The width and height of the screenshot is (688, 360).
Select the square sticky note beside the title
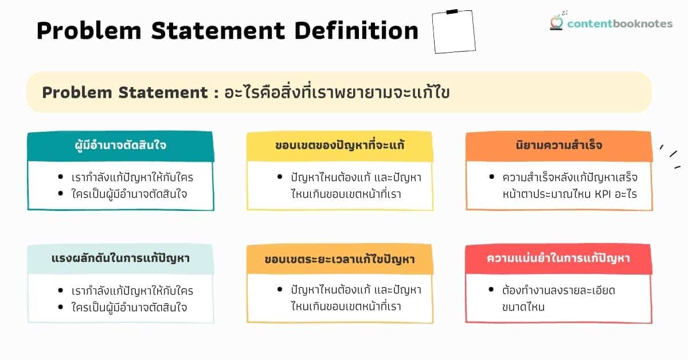[x=454, y=32]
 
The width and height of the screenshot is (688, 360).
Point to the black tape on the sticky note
[x=452, y=11]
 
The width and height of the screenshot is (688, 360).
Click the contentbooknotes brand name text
[x=620, y=24]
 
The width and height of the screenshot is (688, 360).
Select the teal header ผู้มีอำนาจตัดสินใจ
[x=120, y=145]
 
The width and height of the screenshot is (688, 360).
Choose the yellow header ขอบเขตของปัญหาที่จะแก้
[x=339, y=145]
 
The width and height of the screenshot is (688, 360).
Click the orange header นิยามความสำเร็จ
[x=558, y=145]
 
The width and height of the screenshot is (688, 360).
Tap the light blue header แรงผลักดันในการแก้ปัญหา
[x=120, y=259]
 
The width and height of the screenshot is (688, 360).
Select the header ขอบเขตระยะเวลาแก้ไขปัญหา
[x=339, y=259]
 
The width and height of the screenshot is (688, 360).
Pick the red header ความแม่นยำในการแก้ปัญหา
[x=558, y=259]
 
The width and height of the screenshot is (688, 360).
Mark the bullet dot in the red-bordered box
[x=491, y=290]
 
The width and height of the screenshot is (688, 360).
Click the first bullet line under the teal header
[x=132, y=177]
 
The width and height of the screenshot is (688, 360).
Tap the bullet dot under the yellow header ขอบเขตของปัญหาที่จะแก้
[x=279, y=177]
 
